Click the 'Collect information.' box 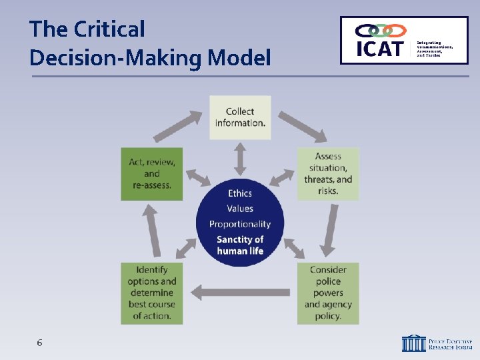[240, 117]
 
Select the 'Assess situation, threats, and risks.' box [328, 173]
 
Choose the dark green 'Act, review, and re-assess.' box [152, 173]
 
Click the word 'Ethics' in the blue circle [240, 193]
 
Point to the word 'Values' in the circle [240, 209]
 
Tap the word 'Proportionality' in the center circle [240, 224]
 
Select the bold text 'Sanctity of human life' [240, 245]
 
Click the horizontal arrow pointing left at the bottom [240, 291]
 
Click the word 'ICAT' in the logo [381, 49]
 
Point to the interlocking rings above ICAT [381, 31]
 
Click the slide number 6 [39, 343]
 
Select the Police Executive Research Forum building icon [413, 343]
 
